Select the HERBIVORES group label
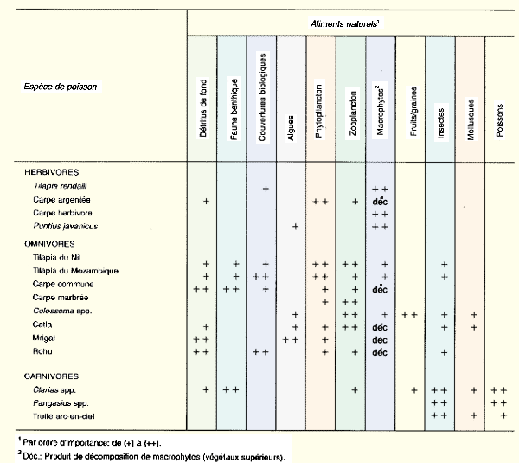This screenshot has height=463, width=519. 53,173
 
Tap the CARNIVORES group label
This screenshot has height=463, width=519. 53,376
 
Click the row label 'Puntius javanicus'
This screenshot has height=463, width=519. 66,226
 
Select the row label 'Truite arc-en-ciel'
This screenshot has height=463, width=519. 67,415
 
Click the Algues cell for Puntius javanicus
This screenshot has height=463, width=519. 295,226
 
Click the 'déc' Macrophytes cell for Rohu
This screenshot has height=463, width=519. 380,353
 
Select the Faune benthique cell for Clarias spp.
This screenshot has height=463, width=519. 231,390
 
